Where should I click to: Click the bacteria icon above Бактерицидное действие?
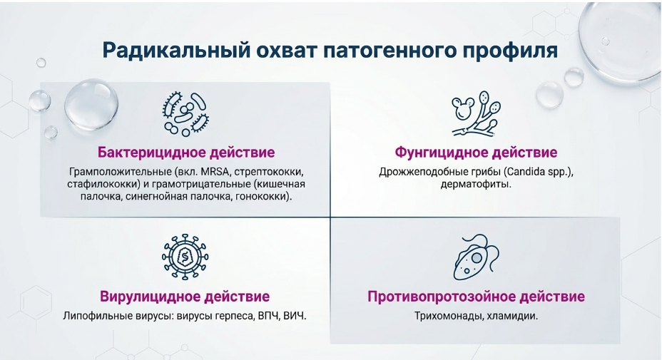pyautogui.click(x=185, y=114)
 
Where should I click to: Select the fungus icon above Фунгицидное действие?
pyautogui.click(x=476, y=114)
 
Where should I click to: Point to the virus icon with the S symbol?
pyautogui.click(x=185, y=257)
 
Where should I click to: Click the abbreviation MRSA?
pyautogui.click(x=215, y=173)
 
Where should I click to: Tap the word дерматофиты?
pyautogui.click(x=476, y=185)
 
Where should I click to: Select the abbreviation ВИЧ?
pyautogui.click(x=295, y=316)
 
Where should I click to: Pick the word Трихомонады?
pyautogui.click(x=449, y=316)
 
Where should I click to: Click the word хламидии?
pyautogui.click(x=512, y=316)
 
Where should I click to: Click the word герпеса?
pyautogui.click(x=234, y=316)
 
